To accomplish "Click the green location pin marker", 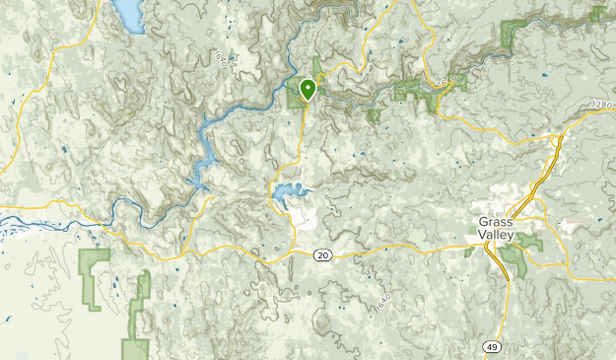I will [x=308, y=90].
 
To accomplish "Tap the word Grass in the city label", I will [x=492, y=221].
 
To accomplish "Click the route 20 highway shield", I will [x=322, y=255].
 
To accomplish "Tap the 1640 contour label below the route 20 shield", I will [x=383, y=304].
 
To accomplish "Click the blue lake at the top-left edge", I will [x=129, y=14].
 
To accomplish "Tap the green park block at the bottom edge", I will [x=135, y=348].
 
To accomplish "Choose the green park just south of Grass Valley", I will [x=513, y=258].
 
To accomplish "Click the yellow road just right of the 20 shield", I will [x=355, y=252].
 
